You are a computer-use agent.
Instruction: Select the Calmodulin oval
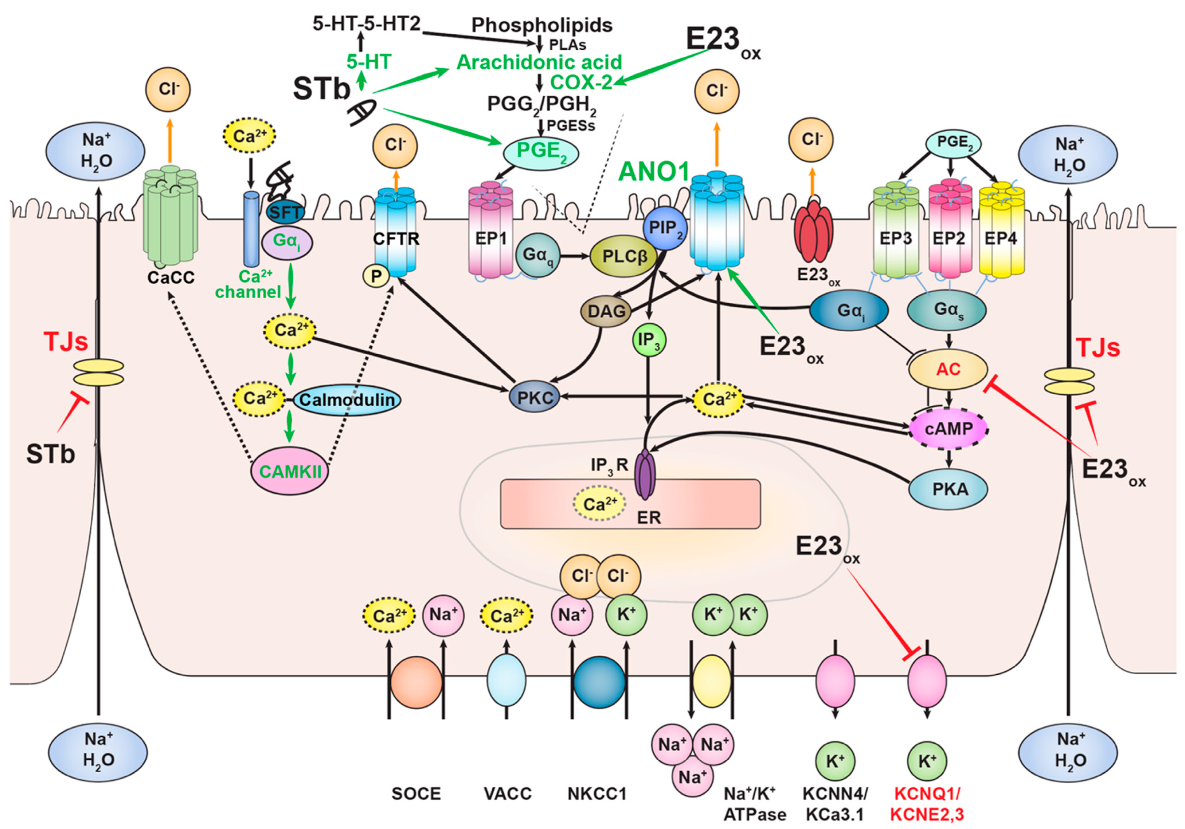pyautogui.click(x=347, y=400)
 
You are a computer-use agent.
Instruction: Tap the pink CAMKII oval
pyautogui.click(x=290, y=471)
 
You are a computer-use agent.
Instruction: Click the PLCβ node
pyautogui.click(x=624, y=256)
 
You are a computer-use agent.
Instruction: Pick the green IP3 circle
pyautogui.click(x=649, y=340)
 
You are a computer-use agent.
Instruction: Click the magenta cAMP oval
pyautogui.click(x=948, y=428)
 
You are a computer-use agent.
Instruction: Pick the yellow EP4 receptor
pyautogui.click(x=1001, y=230)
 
